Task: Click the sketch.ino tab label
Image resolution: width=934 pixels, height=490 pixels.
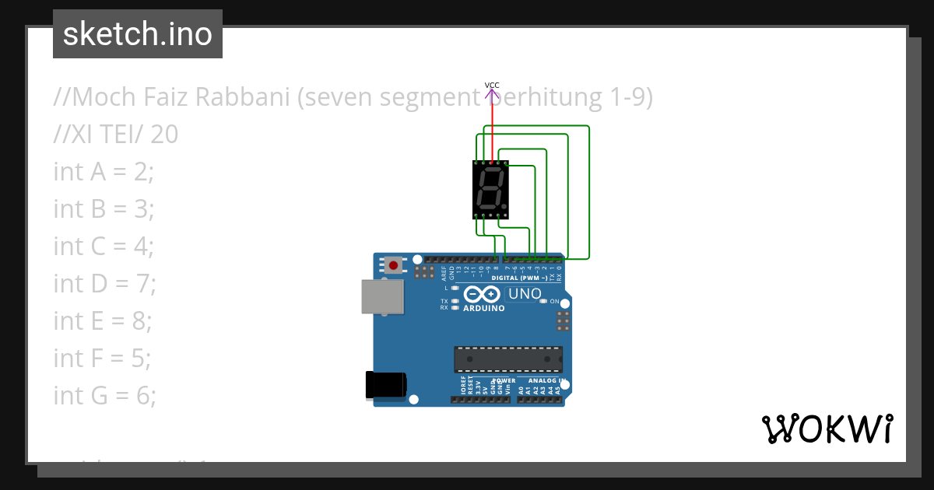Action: coord(137,34)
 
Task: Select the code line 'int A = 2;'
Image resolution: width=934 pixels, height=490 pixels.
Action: coord(104,171)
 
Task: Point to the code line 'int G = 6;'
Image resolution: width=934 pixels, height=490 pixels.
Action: coord(104,395)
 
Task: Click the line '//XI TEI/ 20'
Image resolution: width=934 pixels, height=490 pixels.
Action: coord(115,135)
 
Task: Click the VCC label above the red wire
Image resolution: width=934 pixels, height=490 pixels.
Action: coord(492,85)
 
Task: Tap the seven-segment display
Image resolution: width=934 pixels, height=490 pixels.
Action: coord(490,190)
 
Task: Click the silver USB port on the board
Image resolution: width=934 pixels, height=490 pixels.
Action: coord(382,296)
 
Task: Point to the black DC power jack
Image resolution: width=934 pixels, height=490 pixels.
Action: coord(386,384)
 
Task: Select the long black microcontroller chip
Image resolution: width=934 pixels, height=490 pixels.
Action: coord(508,359)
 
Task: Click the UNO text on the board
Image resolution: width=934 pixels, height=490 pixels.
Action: coord(524,294)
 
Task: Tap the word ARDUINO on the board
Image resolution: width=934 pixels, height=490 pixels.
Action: coord(483,308)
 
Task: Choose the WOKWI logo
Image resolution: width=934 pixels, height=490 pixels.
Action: coord(827,429)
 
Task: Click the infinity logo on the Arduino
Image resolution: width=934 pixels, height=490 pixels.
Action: coord(483,294)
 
